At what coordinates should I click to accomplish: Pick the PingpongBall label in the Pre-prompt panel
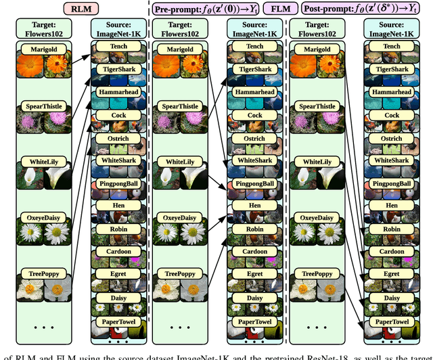coord(254,184)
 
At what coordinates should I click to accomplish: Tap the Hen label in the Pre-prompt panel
coord(254,206)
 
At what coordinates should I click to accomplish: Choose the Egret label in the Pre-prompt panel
coord(254,275)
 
